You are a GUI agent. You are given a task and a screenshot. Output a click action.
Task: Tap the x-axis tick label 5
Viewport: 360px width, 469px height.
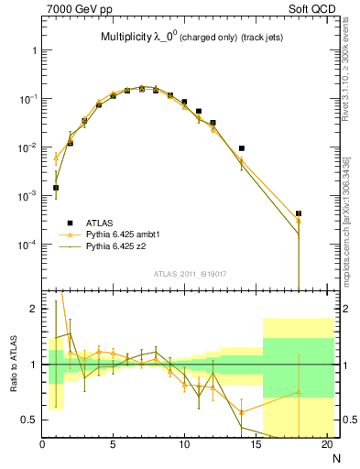pyautogui.click(x=113, y=445)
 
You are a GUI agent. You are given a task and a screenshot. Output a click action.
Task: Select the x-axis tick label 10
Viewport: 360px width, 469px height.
pyautogui.click(x=183, y=445)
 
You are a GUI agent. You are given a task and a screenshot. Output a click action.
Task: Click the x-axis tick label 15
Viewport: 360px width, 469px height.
pyautogui.click(x=255, y=445)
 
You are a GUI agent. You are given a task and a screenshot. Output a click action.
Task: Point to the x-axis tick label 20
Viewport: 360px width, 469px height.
pyautogui.click(x=325, y=445)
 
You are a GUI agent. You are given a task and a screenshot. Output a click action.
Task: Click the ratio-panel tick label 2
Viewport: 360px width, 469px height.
pyautogui.click(x=33, y=309)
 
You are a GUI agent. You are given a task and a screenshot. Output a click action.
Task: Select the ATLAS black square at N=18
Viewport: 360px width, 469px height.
pyautogui.click(x=299, y=213)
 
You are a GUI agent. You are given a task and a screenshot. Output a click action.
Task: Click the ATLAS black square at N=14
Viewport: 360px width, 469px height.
pyautogui.click(x=242, y=147)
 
